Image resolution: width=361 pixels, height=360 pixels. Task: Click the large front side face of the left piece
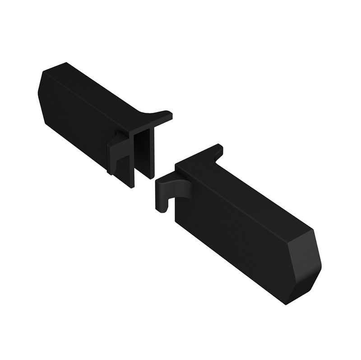77,122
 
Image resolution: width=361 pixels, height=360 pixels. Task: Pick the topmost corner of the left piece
66,63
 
